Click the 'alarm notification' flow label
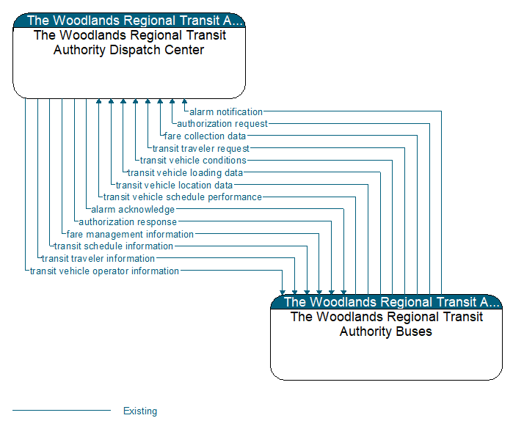[x=225, y=112]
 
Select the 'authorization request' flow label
[x=222, y=124]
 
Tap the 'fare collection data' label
[x=205, y=136]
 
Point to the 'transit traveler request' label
[x=200, y=149]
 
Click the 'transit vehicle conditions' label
[x=193, y=161]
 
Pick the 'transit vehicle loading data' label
[x=185, y=173]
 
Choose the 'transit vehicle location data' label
[x=174, y=186]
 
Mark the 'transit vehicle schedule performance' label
[x=182, y=197]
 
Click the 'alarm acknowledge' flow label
[x=133, y=210]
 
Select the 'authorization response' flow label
[x=128, y=222]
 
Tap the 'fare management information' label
[x=130, y=235]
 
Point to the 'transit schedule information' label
[x=114, y=246]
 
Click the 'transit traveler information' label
[x=98, y=259]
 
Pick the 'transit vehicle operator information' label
[x=104, y=271]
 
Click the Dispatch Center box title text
[x=129, y=43]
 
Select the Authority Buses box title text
[x=386, y=324]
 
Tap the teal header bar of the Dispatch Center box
[x=129, y=21]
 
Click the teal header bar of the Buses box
[x=386, y=302]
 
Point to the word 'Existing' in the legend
[x=140, y=411]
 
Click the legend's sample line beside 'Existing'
[x=62, y=411]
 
